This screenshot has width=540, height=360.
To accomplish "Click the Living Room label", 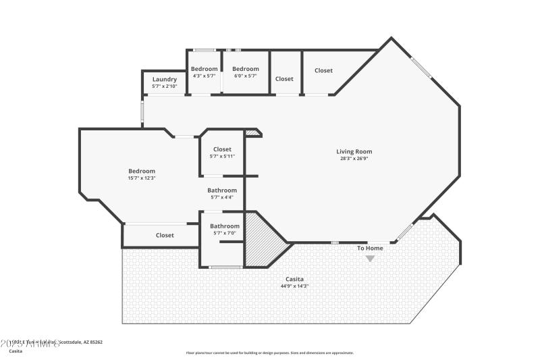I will click(x=354, y=151).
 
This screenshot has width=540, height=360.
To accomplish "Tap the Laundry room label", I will click(x=165, y=79).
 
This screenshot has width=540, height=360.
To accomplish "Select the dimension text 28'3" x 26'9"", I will click(x=354, y=159).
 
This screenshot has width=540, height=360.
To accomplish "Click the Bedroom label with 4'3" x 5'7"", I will click(x=204, y=69).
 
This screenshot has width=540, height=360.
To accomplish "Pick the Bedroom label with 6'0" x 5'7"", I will click(x=246, y=69).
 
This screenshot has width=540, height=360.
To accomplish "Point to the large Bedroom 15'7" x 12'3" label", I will click(x=142, y=171).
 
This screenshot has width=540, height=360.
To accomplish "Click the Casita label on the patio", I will click(x=294, y=279).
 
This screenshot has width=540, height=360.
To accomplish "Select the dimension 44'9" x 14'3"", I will click(x=294, y=286).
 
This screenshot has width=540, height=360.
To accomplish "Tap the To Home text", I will click(x=370, y=248).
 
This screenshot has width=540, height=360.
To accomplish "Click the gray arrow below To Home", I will click(x=370, y=259).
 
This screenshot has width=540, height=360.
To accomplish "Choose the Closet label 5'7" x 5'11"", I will click(x=222, y=149).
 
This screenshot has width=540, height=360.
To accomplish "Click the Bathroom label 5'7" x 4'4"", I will click(x=222, y=190).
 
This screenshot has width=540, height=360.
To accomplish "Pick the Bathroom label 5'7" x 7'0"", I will click(x=224, y=226).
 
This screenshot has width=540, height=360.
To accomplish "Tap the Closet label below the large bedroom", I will click(x=165, y=235).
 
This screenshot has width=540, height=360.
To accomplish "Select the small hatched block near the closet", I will click(x=252, y=133).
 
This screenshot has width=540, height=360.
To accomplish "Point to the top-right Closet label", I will click(x=323, y=70).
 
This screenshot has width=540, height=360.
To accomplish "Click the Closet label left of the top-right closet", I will click(x=284, y=78).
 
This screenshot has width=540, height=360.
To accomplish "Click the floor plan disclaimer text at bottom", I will click(x=270, y=353).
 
